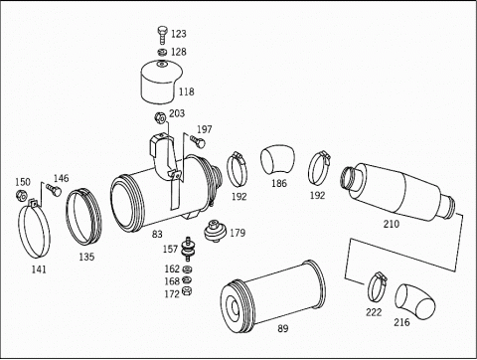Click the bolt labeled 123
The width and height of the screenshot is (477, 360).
pyautogui.click(x=162, y=35)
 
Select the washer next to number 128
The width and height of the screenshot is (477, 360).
pyautogui.click(x=162, y=52)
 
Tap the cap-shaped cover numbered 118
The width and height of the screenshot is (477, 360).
pyautogui.click(x=162, y=82)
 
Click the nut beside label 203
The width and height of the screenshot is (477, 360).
pyautogui.click(x=160, y=117)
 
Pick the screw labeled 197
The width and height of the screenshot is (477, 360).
pyautogui.click(x=198, y=141)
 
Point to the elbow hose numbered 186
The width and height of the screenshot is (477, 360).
pyautogui.click(x=277, y=160)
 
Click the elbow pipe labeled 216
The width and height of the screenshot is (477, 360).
pyautogui.click(x=414, y=301)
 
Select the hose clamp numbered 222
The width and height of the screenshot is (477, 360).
pyautogui.click(x=378, y=286)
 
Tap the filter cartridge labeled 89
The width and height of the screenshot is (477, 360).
pyautogui.click(x=272, y=296)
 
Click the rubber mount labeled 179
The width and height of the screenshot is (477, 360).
pyautogui.click(x=215, y=230)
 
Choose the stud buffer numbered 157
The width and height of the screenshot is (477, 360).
pyautogui.click(x=188, y=249)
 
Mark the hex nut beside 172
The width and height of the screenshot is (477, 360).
pyautogui.click(x=187, y=291)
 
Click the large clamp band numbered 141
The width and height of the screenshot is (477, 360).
pyautogui.click(x=34, y=229)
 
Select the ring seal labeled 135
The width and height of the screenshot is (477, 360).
pyautogui.click(x=84, y=216)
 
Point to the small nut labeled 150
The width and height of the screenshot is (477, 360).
pyautogui.click(x=21, y=195)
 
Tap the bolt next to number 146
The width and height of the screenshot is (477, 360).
pyautogui.click(x=54, y=190)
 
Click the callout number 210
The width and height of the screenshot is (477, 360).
pyautogui.click(x=392, y=224)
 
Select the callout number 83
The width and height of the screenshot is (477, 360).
pyautogui.click(x=157, y=234)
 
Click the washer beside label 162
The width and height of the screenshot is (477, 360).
pyautogui.click(x=188, y=269)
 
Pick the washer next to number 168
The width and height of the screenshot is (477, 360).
pyautogui.click(x=187, y=279)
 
